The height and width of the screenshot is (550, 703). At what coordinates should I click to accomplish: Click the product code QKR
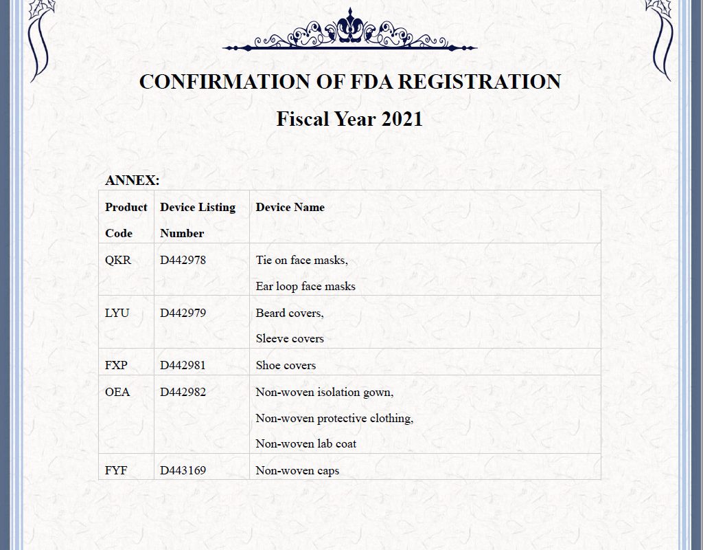(118, 261)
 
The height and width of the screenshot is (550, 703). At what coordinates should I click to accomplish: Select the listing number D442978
(183, 261)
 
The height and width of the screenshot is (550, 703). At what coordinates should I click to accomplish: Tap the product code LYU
(117, 313)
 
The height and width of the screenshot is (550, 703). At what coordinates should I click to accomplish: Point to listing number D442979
(183, 313)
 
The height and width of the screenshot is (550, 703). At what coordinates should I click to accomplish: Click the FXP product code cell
(116, 366)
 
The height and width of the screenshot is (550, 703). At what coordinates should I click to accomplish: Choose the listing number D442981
(183, 366)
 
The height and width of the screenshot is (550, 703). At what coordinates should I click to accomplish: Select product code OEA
(117, 393)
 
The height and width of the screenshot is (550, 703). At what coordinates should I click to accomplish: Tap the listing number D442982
(183, 393)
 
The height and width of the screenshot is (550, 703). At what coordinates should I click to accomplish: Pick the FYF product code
(116, 471)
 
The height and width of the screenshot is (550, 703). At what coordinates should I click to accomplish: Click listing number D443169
(183, 471)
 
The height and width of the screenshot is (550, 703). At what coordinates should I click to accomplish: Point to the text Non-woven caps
(297, 471)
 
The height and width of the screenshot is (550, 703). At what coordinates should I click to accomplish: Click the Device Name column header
(290, 208)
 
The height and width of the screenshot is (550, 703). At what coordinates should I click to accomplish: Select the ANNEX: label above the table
(132, 181)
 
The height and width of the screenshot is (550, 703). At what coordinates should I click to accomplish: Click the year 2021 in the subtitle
(402, 119)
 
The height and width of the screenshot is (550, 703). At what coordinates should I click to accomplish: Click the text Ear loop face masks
(306, 286)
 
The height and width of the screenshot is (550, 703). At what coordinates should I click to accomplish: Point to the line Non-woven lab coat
(306, 444)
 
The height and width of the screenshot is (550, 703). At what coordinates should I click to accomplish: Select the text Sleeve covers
(290, 338)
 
